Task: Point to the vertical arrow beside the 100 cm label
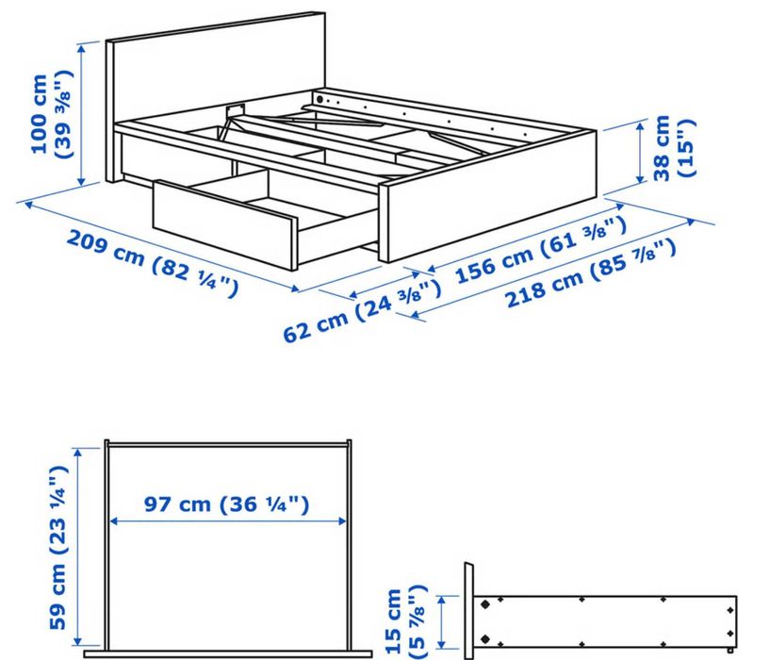click(x=84, y=113)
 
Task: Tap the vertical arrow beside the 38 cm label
click(x=641, y=156)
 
